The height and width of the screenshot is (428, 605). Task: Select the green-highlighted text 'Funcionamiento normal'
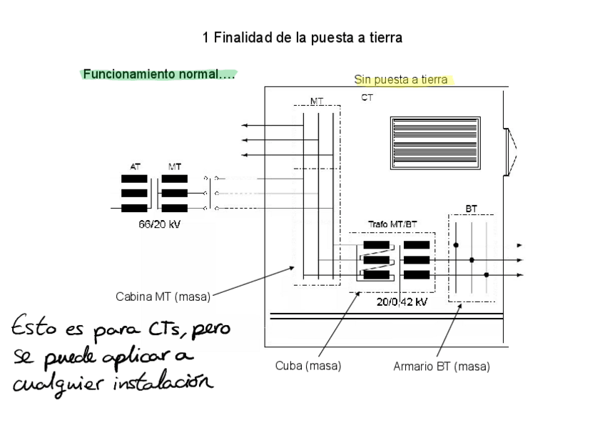tap(158, 74)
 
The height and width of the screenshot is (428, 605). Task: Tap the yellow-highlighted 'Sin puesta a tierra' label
tap(401, 79)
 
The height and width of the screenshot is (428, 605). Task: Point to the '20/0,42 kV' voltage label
tap(402, 302)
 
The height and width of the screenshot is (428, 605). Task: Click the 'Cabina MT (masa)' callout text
tap(163, 297)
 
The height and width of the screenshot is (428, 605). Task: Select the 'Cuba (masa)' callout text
tap(308, 366)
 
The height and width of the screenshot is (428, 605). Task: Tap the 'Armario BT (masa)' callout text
tap(442, 367)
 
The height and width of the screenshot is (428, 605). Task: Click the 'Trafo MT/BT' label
tap(392, 224)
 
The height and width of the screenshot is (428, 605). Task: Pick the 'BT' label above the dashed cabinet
tap(472, 209)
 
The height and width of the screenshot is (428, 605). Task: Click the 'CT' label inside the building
tap(367, 98)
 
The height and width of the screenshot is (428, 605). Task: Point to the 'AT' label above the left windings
tap(135, 166)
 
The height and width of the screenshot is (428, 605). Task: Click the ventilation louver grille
tap(436, 142)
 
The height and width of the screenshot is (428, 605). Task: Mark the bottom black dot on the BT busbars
tap(487, 274)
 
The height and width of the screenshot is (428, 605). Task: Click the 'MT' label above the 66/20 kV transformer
tap(175, 166)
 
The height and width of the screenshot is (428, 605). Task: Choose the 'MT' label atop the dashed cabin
tap(317, 101)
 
